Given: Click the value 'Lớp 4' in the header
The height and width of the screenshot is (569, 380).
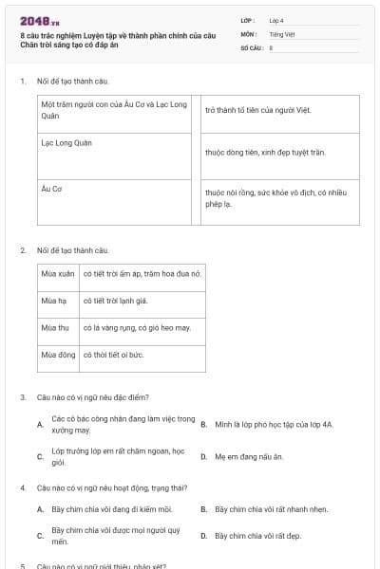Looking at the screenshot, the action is (276, 20).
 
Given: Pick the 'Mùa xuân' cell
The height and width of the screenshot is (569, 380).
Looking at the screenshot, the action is (57, 274).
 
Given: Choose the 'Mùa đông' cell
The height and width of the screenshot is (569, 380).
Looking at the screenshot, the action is (57, 355).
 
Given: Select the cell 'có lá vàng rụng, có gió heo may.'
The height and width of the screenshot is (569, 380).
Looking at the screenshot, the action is (137, 327).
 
